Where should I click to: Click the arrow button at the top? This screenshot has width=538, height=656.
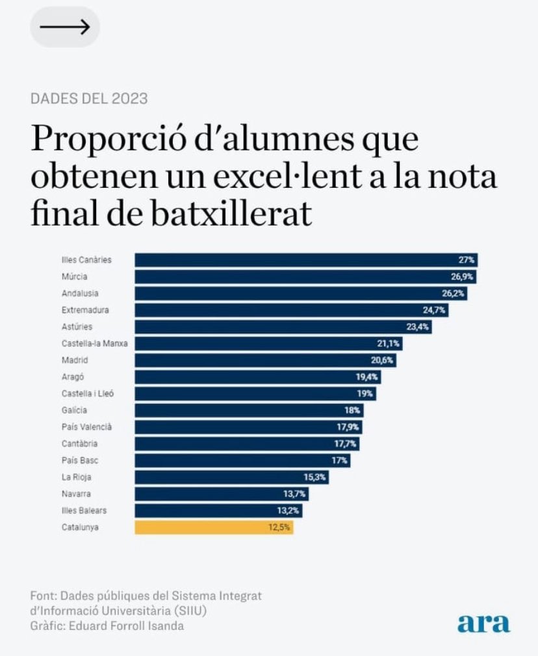[x=65, y=27]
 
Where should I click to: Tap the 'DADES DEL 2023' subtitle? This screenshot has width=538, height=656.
[x=89, y=99]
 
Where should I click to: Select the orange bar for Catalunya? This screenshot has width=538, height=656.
[x=214, y=527]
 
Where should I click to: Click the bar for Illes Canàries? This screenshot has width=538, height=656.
[x=306, y=259]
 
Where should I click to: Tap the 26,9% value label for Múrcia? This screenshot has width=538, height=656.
[x=463, y=276]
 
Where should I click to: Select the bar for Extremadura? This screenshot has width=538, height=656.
[x=291, y=310]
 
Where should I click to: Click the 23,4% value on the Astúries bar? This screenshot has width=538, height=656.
[x=418, y=327]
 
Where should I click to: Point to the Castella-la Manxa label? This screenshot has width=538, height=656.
[x=94, y=343]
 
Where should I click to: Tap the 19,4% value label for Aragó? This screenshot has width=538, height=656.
[x=367, y=377]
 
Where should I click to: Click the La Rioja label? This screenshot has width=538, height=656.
[x=76, y=477]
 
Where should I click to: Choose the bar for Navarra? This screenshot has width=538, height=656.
[x=222, y=494]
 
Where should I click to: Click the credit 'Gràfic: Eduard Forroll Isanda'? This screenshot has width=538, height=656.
[x=107, y=625]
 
